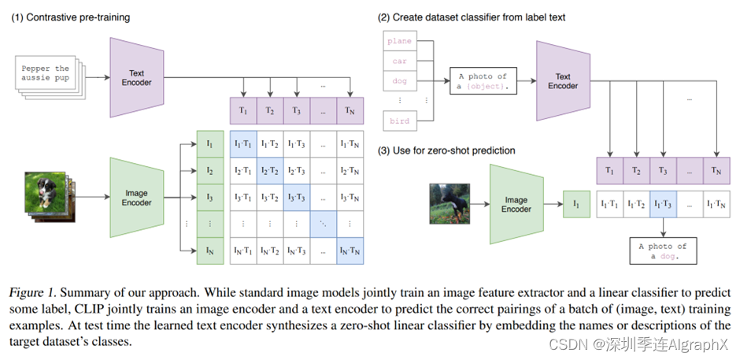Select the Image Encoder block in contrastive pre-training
pos(136,197)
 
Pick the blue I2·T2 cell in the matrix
pos(269,170)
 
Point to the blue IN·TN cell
pos(349,251)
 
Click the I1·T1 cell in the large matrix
pos(242,143)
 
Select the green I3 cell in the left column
pos(209,197)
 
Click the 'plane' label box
pos(399,40)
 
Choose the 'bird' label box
pos(399,121)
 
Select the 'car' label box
pos(399,60)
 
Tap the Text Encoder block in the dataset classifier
pos(563,82)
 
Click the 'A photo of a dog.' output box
pos(663,251)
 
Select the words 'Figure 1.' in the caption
pos(34,293)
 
